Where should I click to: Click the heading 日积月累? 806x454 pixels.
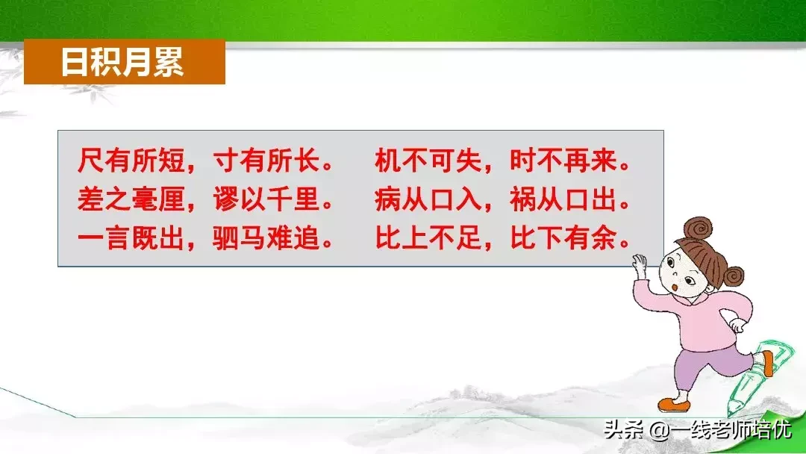pos(122,62)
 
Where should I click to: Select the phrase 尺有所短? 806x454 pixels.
pos(131,161)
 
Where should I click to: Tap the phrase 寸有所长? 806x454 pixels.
pos(266,161)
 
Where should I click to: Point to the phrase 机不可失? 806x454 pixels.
pos(428,161)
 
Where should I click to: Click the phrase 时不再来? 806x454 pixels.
pos(563,161)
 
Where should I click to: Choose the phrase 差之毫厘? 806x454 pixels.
pos(131,199)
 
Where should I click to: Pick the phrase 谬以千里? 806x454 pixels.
pos(266,199)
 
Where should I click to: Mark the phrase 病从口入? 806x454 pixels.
pos(428,199)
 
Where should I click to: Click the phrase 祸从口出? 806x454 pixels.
pos(563,199)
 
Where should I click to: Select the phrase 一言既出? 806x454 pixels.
pos(131,238)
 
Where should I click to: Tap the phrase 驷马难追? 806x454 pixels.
pos(266,238)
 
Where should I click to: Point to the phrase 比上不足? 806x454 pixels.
pos(428,238)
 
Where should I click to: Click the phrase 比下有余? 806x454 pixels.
pos(563,238)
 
